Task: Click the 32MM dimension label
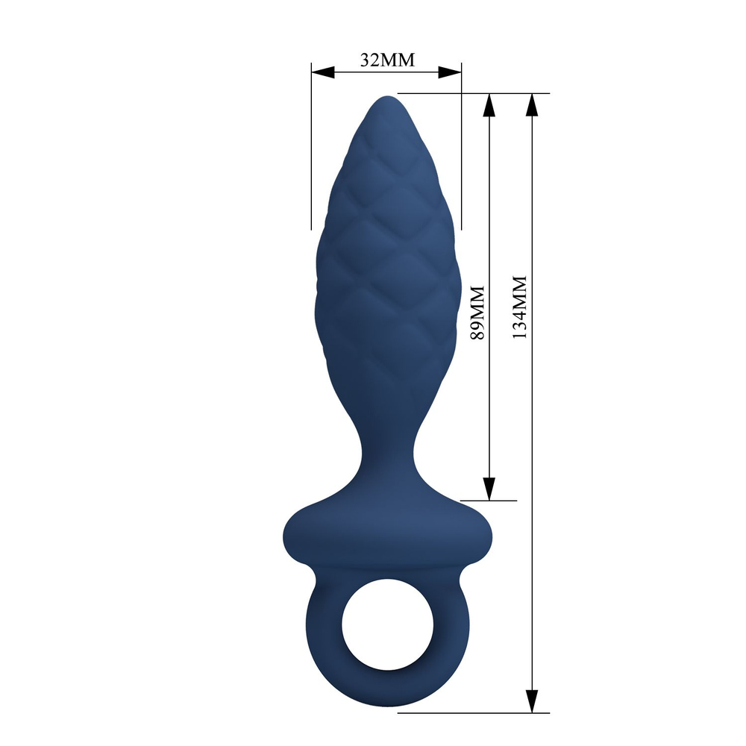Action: click(386, 60)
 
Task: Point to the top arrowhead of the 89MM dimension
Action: click(489, 105)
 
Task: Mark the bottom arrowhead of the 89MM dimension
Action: click(489, 489)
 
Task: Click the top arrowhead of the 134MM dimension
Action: click(531, 105)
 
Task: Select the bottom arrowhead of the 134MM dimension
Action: click(531, 700)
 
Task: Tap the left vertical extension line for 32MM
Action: click(311, 149)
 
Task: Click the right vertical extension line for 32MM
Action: click(461, 149)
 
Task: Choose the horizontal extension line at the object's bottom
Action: click(477, 712)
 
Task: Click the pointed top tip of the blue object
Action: click(386, 99)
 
